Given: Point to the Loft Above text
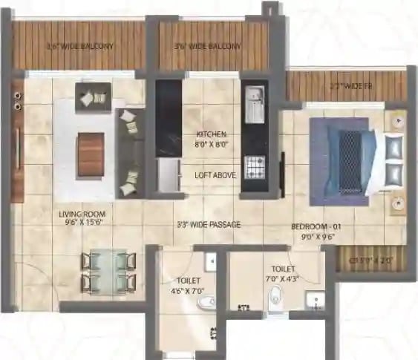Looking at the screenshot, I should coord(210,176).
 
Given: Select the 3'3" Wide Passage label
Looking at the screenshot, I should coord(209,224).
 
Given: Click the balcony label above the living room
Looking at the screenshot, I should coord(80,46).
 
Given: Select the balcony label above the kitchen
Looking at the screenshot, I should coord(208,46).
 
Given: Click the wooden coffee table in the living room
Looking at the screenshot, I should coord(91,153).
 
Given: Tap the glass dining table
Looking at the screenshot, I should coord(108,271).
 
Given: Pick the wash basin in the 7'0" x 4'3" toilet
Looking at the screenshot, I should coord(316,301).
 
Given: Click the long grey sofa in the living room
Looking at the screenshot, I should coord(131,152).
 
